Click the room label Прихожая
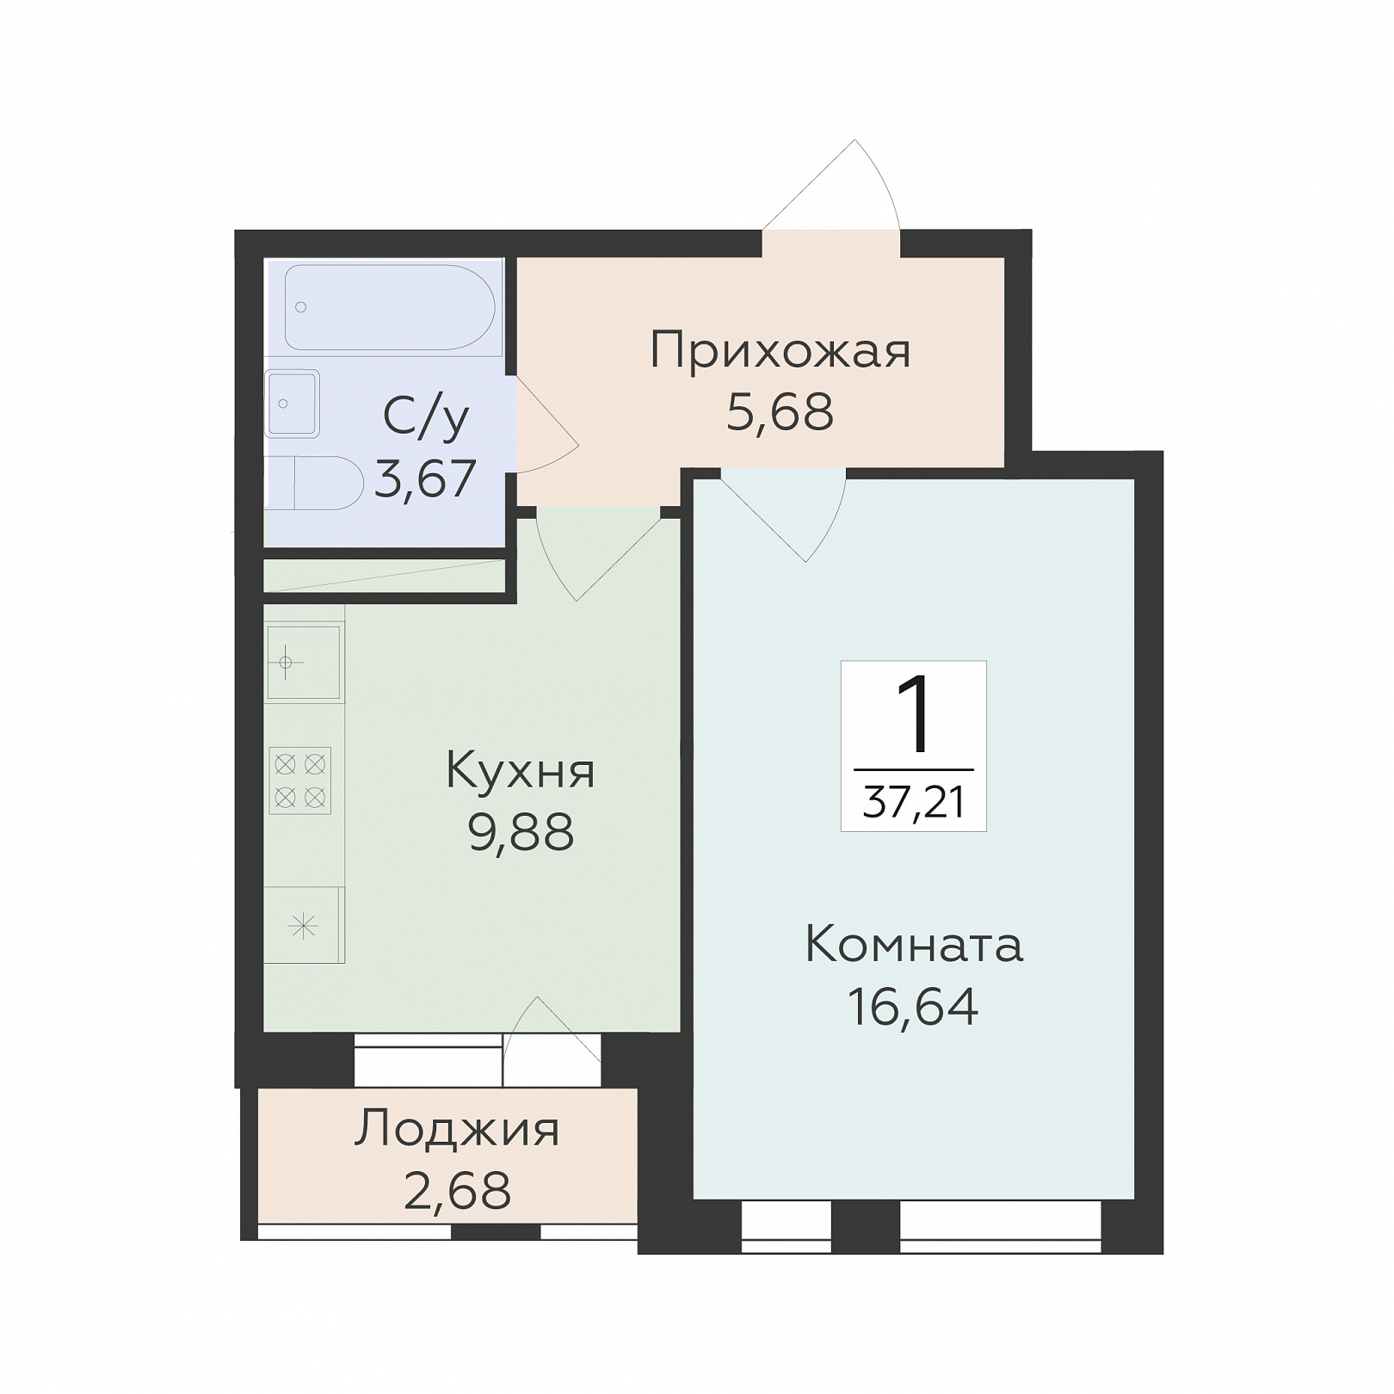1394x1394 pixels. click(x=780, y=351)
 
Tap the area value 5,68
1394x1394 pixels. click(x=780, y=412)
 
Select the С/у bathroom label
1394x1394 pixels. click(x=426, y=417)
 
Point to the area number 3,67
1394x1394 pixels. click(x=425, y=478)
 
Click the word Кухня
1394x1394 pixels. click(x=521, y=771)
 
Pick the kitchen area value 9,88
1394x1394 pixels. click(x=521, y=832)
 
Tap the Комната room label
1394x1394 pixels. click(x=914, y=945)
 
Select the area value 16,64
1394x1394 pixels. click(x=913, y=1006)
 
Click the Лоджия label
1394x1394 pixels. click(x=457, y=1130)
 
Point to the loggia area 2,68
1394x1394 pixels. click(x=457, y=1191)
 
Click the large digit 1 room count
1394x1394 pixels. click(x=914, y=715)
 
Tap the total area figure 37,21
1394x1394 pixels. click(x=914, y=803)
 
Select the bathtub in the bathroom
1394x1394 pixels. click(x=390, y=307)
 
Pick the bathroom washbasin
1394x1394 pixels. click(x=293, y=404)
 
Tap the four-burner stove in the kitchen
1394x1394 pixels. click(x=300, y=780)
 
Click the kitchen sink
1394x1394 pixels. click(x=303, y=663)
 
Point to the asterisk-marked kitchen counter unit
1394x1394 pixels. click(x=303, y=925)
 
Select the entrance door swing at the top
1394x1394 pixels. click(x=831, y=186)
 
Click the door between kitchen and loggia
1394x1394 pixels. click(x=552, y=1041)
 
